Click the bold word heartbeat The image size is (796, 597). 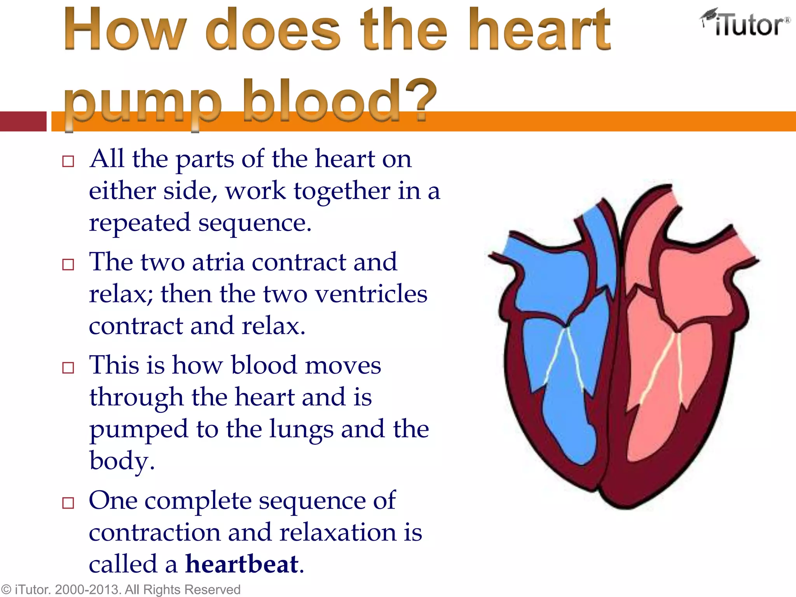tap(242, 564)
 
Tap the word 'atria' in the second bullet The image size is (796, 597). tap(218, 262)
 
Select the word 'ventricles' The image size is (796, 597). tap(371, 294)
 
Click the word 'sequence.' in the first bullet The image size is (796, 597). tap(255, 223)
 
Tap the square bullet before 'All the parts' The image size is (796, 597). tap(68, 161)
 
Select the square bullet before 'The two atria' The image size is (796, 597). tap(68, 265)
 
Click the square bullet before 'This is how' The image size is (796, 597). tap(68, 368)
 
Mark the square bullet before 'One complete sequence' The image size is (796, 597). tap(68, 503)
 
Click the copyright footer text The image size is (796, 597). tap(120, 589)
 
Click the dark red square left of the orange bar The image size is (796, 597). tap(23, 121)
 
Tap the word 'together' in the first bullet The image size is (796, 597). tap(342, 191)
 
